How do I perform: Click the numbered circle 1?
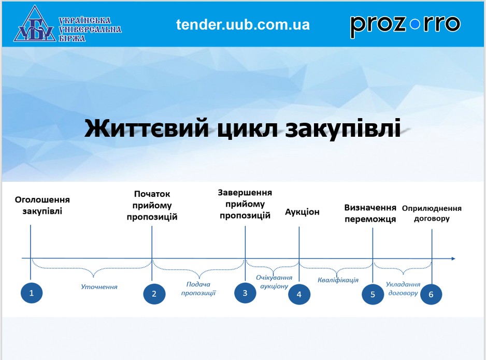click(x=31, y=293)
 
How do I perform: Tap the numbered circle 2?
click(x=154, y=294)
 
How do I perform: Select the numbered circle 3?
click(x=245, y=293)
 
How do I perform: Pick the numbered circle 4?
click(x=299, y=294)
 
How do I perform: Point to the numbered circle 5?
click(x=373, y=294)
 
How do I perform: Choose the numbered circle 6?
click(x=431, y=294)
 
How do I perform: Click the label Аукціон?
click(x=302, y=212)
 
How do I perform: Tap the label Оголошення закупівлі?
click(x=42, y=205)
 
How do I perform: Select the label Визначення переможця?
click(x=370, y=213)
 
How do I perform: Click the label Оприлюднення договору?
click(x=432, y=213)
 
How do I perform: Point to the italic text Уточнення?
click(x=99, y=287)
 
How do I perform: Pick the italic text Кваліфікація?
click(x=338, y=280)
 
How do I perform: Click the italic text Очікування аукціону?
click(x=274, y=282)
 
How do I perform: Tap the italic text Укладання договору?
click(x=403, y=289)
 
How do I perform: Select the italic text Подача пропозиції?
click(x=198, y=289)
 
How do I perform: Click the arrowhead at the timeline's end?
click(x=453, y=258)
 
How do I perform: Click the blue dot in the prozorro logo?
click(x=414, y=24)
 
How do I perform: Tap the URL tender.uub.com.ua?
click(x=243, y=25)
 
